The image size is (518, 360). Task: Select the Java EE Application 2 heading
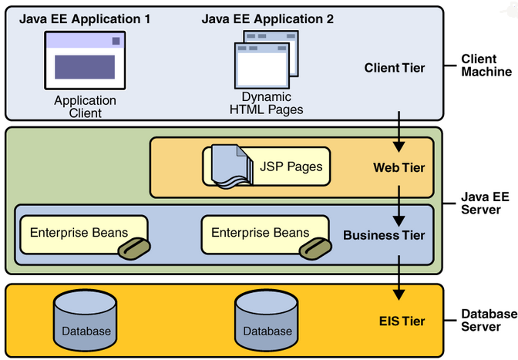pos(267,19)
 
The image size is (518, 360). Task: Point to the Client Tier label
pos(394,68)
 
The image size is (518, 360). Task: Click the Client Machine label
pos(486,66)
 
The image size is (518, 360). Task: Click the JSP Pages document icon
pos(229,167)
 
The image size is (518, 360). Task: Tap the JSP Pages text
pos(290,166)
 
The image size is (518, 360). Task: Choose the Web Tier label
pos(399,167)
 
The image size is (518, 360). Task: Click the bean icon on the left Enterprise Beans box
pos(133,247)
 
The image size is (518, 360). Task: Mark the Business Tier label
pos(384,235)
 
